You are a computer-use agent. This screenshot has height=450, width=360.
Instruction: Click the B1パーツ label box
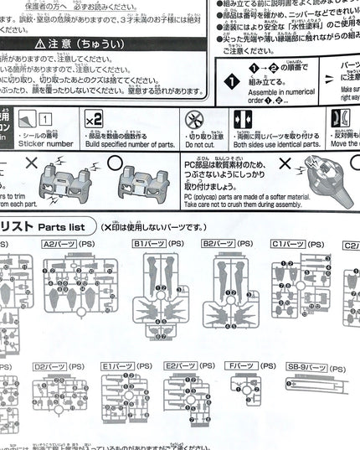[x=147, y=243]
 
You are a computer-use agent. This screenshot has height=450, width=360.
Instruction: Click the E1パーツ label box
[x=117, y=367]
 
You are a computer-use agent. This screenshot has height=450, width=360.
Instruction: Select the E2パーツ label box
[x=182, y=367]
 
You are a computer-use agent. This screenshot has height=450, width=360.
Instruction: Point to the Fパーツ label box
[x=241, y=367]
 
